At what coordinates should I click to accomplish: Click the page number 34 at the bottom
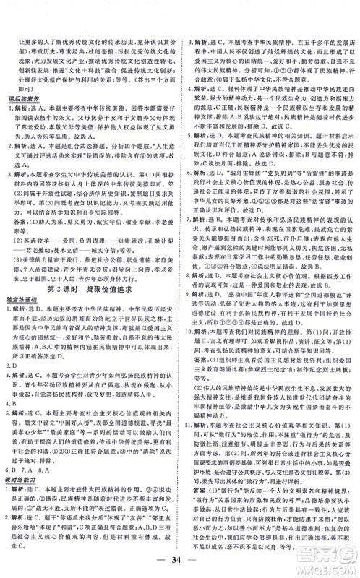(x=179, y=560)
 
